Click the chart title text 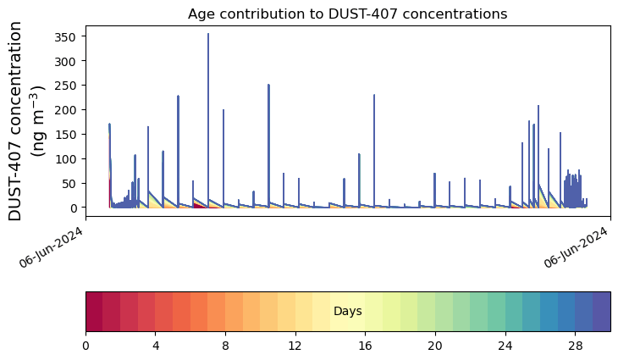(x=347, y=14)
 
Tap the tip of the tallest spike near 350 (x=208, y=34)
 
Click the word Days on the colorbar (x=348, y=312)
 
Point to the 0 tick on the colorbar (x=86, y=346)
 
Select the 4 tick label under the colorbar (x=156, y=346)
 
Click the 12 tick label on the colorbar (x=295, y=346)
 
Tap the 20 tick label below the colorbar (x=435, y=346)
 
